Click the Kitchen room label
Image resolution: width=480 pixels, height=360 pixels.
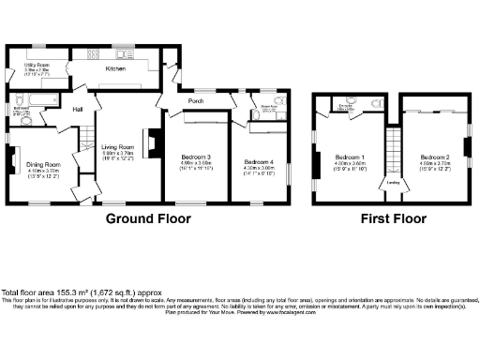tap(115, 68)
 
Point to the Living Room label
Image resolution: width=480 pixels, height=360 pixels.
tap(119, 146)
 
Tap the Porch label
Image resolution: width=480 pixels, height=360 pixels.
tap(197, 101)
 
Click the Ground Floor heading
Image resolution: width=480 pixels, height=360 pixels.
tap(147, 218)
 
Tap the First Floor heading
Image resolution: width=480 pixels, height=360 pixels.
tap(395, 218)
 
